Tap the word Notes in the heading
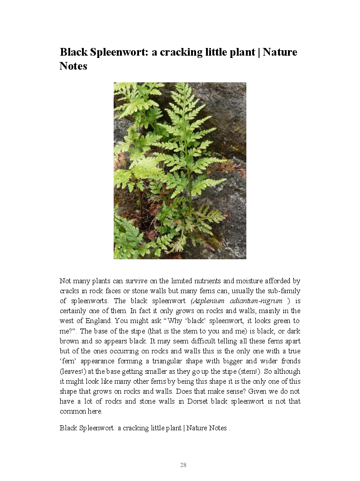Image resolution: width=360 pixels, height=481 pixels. coord(73,66)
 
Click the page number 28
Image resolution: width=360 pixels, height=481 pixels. coord(183,465)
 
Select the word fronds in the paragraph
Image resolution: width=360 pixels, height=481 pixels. coord(290,361)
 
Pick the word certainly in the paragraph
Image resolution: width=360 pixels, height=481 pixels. coord(73,311)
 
